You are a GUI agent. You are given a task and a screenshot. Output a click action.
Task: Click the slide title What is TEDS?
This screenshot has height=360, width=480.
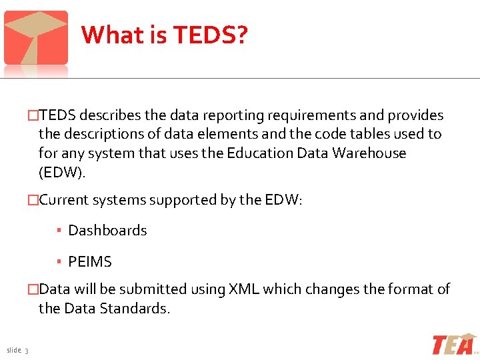(x=164, y=35)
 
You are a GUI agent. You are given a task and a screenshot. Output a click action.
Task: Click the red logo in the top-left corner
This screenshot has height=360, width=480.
(x=36, y=39)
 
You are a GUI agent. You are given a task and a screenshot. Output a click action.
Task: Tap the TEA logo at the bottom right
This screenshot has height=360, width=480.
(x=454, y=345)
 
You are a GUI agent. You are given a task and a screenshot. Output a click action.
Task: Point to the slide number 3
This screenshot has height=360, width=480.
(x=26, y=352)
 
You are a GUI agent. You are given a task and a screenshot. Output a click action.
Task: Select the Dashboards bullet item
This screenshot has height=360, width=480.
(x=107, y=231)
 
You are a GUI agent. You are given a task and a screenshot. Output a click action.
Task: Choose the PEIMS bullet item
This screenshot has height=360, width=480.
(x=90, y=262)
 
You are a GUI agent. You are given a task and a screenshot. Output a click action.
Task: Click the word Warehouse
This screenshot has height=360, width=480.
(x=370, y=153)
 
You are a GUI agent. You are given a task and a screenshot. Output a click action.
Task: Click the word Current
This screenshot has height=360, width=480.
(x=65, y=200)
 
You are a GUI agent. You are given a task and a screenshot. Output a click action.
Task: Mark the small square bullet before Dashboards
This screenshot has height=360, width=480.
(x=59, y=231)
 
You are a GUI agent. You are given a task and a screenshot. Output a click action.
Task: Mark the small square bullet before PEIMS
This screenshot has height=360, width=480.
(x=59, y=262)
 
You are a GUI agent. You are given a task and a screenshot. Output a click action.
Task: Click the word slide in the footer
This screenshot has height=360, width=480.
(x=13, y=351)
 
